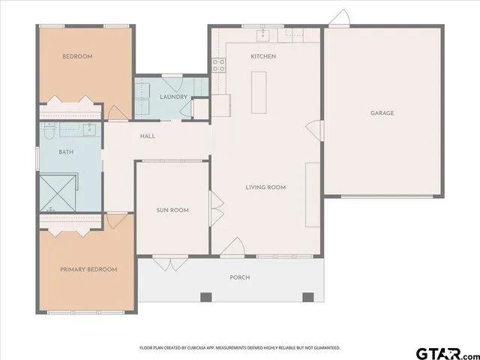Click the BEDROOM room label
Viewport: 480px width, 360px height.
[77, 56]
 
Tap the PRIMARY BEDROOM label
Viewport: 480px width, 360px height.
[88, 269]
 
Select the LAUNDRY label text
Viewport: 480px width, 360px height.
[173, 97]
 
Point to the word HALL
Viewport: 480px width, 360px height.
[148, 136]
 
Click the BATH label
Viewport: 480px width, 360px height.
[67, 152]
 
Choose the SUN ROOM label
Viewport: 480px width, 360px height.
[172, 210]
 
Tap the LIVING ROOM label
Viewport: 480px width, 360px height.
[265, 187]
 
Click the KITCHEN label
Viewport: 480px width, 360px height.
[263, 56]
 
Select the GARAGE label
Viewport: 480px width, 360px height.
[382, 113]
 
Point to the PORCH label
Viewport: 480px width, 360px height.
[239, 277]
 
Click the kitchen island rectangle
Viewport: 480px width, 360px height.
[259, 92]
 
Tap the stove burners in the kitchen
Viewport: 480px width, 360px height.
[220, 65]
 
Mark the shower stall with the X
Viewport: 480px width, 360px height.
[57, 192]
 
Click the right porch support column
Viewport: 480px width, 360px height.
[307, 298]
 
